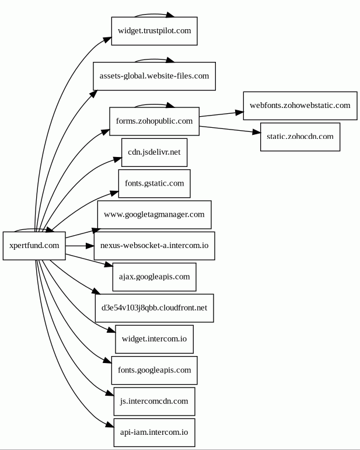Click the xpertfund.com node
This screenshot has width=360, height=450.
click(34, 246)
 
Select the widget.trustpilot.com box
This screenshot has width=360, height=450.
click(154, 31)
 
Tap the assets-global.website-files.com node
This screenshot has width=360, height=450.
click(154, 76)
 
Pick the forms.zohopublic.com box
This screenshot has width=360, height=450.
click(154, 121)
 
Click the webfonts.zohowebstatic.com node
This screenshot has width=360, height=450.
click(299, 106)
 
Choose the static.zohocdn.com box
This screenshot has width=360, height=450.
click(299, 137)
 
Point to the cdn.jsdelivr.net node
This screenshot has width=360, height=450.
click(154, 152)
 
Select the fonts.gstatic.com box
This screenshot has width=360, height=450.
click(154, 183)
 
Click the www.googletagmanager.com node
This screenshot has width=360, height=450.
click(154, 215)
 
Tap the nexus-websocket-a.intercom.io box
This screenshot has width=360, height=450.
click(154, 246)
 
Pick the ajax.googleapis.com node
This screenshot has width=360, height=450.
click(154, 277)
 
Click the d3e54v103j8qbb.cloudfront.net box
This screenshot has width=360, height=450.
click(154, 308)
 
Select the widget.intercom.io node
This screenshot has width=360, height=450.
click(154, 339)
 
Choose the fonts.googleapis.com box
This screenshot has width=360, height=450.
click(154, 370)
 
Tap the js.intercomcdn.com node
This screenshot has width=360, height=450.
click(154, 401)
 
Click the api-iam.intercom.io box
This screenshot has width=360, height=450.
click(154, 432)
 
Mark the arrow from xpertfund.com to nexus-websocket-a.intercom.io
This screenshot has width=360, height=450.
click(79, 246)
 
